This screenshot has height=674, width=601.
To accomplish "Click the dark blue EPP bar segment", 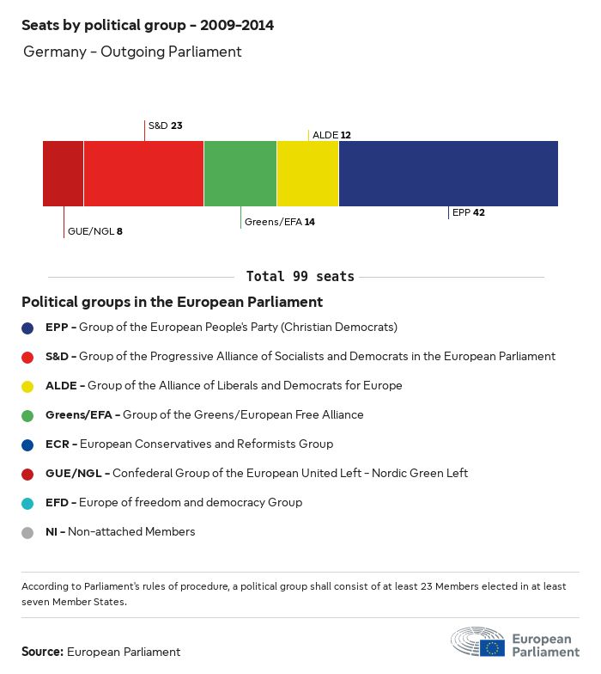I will (x=448, y=174).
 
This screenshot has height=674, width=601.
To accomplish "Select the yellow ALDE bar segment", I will (x=307, y=174).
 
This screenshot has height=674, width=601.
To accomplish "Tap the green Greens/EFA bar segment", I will (x=240, y=174).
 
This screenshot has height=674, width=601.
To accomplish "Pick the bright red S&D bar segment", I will (x=143, y=174).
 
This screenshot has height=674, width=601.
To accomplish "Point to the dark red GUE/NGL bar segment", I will (x=64, y=174).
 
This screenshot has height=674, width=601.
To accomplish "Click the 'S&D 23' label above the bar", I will (x=165, y=126).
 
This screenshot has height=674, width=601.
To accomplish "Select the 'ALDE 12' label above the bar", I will (x=331, y=135).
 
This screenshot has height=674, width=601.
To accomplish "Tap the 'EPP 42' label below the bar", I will (x=469, y=212).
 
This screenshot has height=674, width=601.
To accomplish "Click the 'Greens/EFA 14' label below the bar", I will (x=280, y=222).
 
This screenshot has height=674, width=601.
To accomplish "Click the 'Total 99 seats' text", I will (x=300, y=277).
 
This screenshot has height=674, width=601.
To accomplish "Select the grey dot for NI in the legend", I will (x=28, y=532).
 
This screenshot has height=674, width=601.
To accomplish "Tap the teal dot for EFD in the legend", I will (x=28, y=503).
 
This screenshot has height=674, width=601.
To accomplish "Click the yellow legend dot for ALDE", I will (x=28, y=386).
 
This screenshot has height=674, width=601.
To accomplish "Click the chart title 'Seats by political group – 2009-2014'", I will (x=148, y=25).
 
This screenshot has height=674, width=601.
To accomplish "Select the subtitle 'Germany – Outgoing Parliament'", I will (x=132, y=52).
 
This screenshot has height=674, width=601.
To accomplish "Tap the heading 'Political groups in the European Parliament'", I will (x=172, y=303).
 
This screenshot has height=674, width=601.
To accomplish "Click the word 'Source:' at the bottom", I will (x=42, y=652).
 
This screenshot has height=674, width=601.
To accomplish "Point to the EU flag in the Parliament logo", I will (x=492, y=647).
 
